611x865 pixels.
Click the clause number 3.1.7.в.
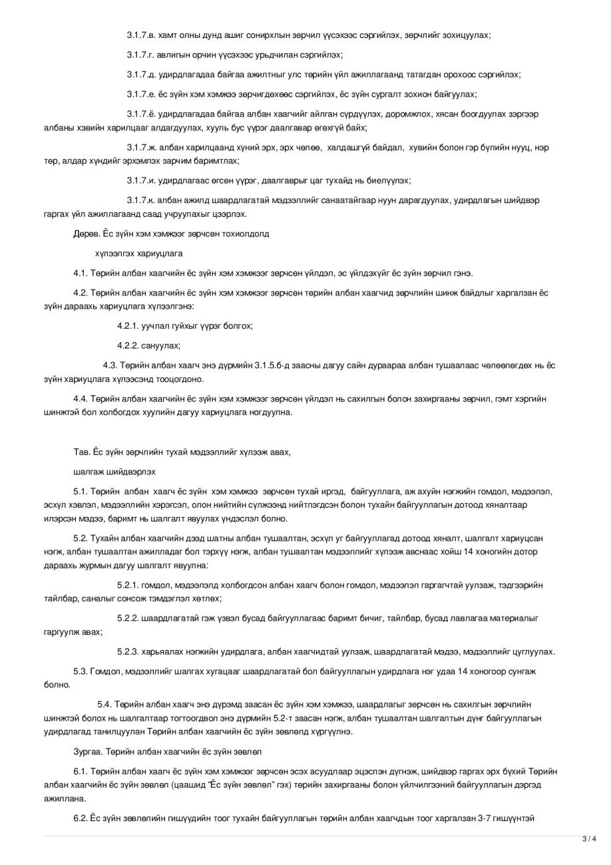142,35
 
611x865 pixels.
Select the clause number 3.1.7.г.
141,55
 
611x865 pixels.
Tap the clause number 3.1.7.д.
142,75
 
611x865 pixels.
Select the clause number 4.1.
81,273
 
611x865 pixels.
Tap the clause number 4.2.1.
128,326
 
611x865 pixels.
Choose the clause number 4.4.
81,399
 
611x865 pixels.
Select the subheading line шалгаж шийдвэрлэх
114,472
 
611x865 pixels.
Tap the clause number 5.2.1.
128,586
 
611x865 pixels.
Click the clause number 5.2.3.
128,652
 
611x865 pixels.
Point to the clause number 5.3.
81,671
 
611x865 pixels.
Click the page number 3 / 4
589,839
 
